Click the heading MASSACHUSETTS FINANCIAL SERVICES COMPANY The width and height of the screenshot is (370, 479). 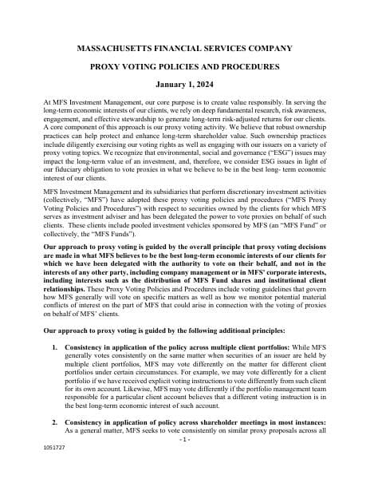[x=184, y=48]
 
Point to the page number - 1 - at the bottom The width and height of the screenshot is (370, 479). [x=184, y=461]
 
